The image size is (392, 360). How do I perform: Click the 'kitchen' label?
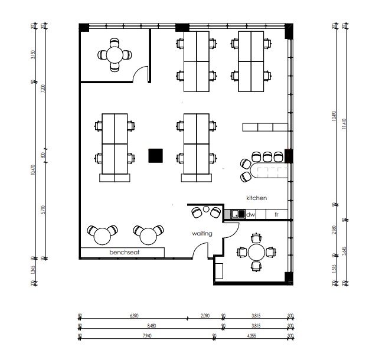click(256, 198)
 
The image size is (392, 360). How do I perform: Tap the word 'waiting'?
click(202, 234)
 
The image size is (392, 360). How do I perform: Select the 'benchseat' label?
click(128, 253)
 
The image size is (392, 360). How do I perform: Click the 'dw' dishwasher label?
click(250, 214)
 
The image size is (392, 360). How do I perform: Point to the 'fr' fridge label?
click(276, 214)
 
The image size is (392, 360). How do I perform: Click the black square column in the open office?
click(155, 155)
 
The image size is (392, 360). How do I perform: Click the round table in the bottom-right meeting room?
click(256, 253)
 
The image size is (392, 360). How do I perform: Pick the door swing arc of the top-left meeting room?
click(140, 73)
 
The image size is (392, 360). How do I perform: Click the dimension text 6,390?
click(132, 316)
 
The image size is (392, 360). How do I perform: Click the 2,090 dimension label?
click(204, 316)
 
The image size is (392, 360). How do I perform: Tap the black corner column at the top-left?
click(84, 27)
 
